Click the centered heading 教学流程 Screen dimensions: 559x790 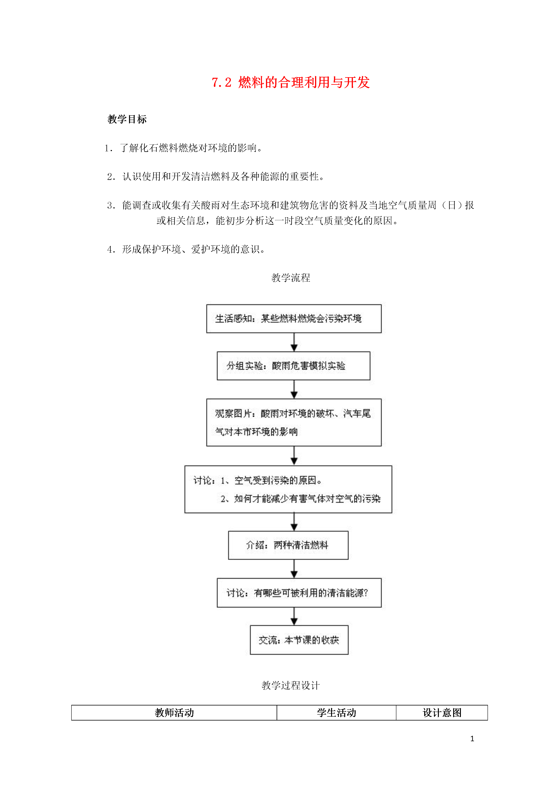coord(291,278)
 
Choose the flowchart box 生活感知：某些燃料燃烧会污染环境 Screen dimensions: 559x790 coord(294,319)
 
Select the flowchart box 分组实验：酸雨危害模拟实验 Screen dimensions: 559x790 coord(293,366)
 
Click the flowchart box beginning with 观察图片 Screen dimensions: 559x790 coord(294,423)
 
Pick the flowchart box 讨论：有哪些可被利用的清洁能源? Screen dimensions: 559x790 coord(299,593)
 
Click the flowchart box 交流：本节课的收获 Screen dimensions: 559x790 coord(299,640)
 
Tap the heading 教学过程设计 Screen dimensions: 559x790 coord(291,685)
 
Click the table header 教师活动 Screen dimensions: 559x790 coord(174,713)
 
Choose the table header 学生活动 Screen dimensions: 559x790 coord(336,713)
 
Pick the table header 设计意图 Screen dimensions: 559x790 coord(442,713)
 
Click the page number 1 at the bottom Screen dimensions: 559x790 coord(472,739)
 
